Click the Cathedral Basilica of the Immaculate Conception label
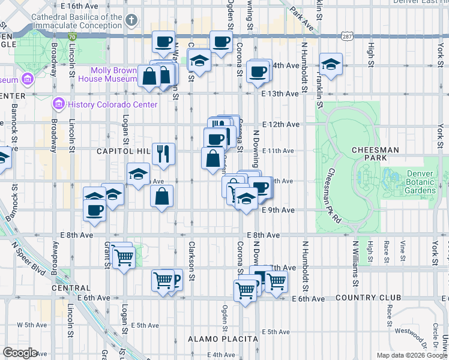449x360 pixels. (x=70, y=22)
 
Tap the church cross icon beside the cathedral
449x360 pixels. (x=131, y=22)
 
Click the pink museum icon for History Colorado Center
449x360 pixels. (x=58, y=104)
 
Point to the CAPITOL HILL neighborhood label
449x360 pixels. (x=122, y=152)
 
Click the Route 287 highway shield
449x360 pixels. (x=347, y=36)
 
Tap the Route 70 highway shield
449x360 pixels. (x=72, y=37)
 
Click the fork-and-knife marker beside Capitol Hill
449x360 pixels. (x=163, y=154)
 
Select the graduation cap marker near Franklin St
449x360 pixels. (x=331, y=64)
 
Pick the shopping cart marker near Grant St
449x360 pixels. (x=124, y=259)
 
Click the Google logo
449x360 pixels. (x=20, y=353)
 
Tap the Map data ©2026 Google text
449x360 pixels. (x=412, y=355)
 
